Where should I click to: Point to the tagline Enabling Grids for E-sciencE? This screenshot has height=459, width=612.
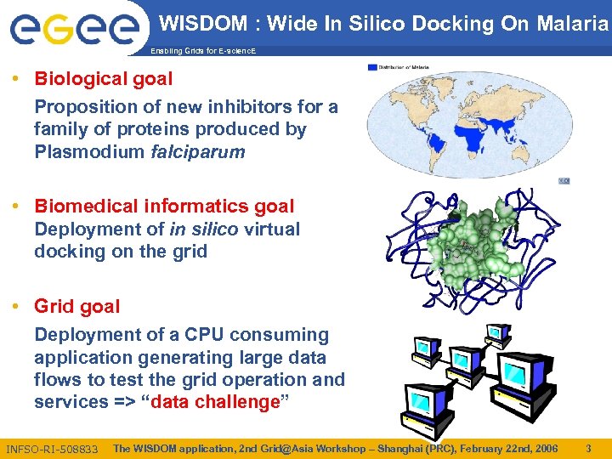(x=201, y=52)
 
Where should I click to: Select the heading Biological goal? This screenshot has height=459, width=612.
(x=103, y=79)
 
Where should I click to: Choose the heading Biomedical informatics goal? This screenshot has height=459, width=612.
(x=164, y=206)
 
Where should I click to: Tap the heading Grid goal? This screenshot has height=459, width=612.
(x=77, y=306)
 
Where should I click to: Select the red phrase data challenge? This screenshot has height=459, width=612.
(x=215, y=402)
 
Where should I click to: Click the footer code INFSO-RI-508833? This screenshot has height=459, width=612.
(x=52, y=449)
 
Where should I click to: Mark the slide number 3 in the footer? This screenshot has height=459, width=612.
(x=588, y=448)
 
